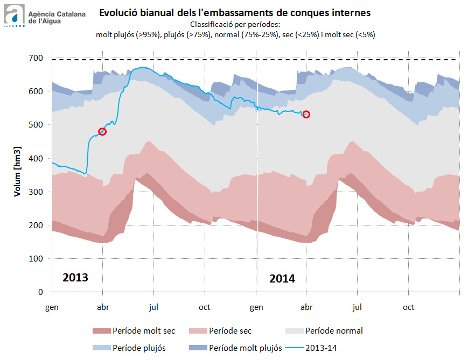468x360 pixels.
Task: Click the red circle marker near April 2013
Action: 102,131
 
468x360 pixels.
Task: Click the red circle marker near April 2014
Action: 306,114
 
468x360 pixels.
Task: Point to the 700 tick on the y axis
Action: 38,58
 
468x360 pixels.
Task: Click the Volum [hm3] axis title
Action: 17,172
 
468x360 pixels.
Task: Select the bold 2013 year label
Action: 75,278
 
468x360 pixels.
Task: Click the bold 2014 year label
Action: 282,279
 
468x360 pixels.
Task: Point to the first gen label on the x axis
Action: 52,307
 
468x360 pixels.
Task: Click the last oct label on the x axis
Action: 409,307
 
